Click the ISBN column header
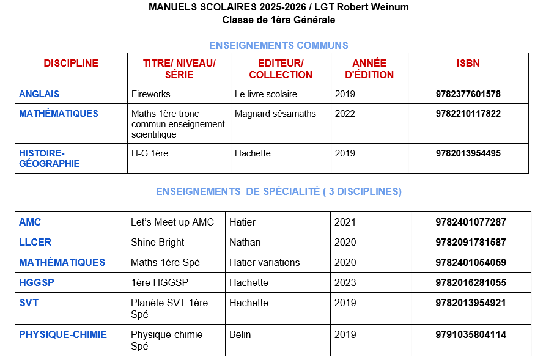tap(468, 63)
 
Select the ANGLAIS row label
tap(39, 94)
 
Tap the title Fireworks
tap(150, 94)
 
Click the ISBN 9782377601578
tap(468, 94)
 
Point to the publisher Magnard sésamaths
tap(275, 114)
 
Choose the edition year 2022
tap(345, 114)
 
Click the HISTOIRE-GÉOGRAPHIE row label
tap(50, 158)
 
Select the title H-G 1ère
tap(150, 153)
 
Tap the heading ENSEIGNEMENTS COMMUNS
tap(279, 45)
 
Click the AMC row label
tap(30, 222)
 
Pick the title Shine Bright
tap(157, 242)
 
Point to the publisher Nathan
tap(245, 242)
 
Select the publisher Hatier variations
tap(264, 262)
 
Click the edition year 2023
tap(345, 282)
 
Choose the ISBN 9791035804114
tap(471, 334)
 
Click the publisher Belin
tap(240, 334)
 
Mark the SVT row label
tap(29, 303)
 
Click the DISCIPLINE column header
tap(71, 63)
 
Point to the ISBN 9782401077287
tap(471, 222)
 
